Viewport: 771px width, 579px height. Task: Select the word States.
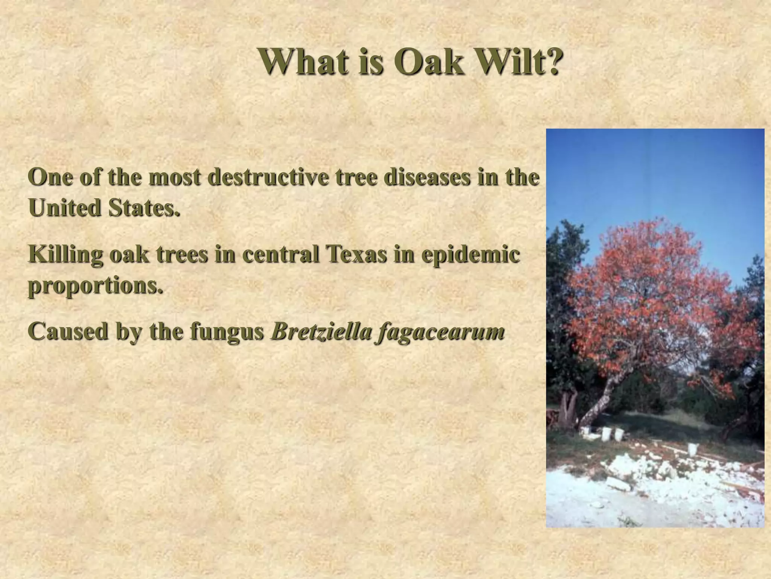(x=144, y=208)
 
